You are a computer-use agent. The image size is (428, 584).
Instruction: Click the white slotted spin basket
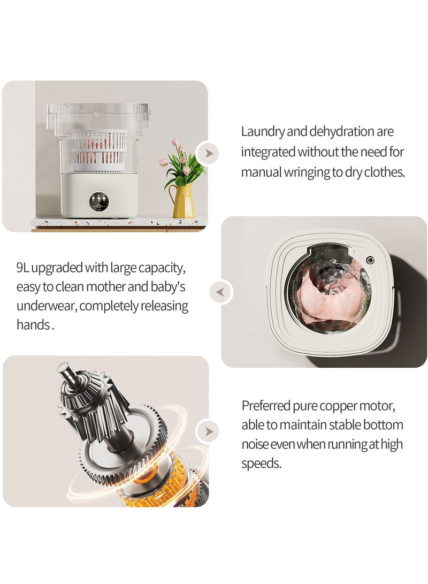coord(100,148)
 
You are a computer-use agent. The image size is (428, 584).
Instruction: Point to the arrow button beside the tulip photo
coord(208,154)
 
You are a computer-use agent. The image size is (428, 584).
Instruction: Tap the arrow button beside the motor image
coord(208,431)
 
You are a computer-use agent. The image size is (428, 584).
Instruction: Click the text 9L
coord(25,267)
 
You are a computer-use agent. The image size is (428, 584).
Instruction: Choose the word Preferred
coord(266,406)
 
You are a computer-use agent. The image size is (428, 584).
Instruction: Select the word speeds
coord(261,464)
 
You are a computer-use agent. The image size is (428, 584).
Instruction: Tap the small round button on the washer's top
coord(369,260)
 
